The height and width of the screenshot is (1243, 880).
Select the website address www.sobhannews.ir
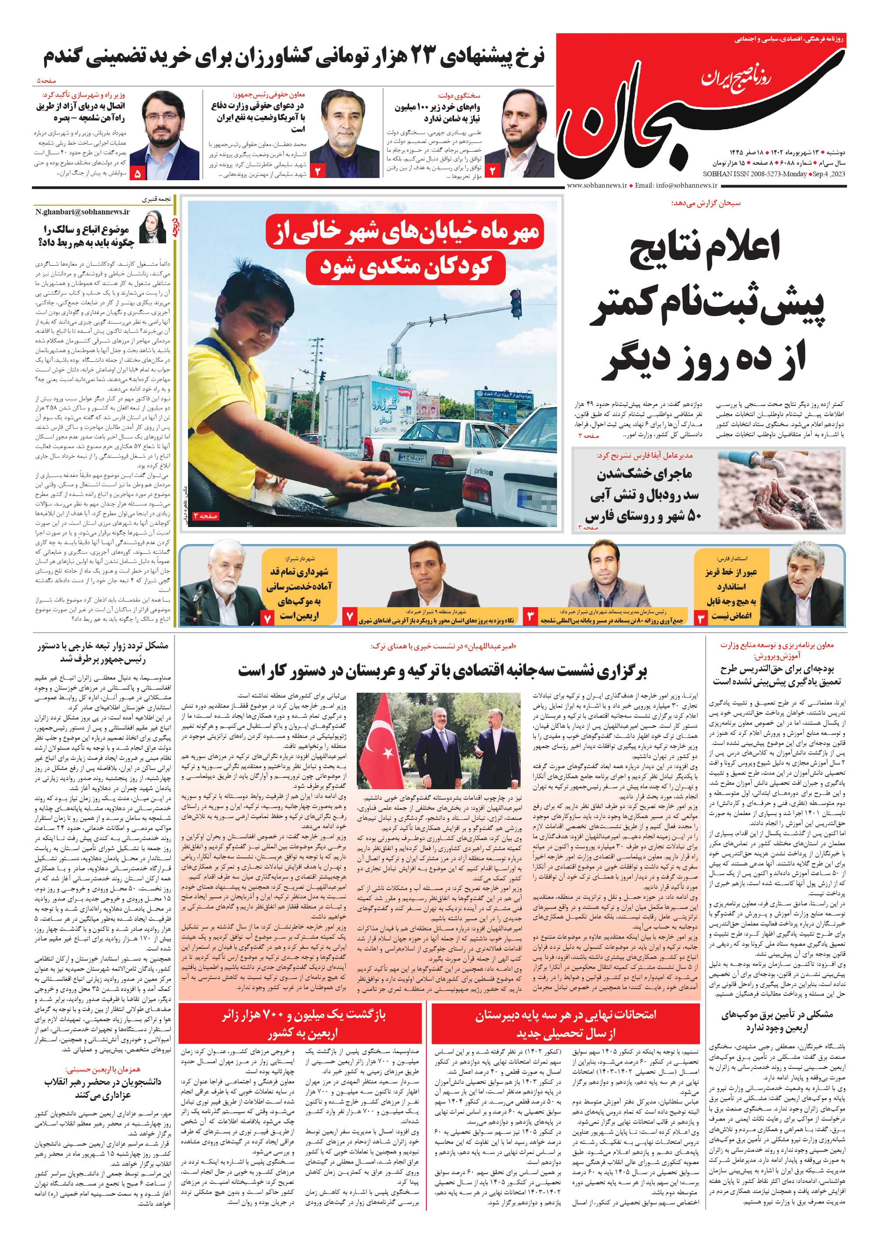click(x=596, y=185)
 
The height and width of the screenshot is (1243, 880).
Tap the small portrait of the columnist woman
click(x=152, y=227)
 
